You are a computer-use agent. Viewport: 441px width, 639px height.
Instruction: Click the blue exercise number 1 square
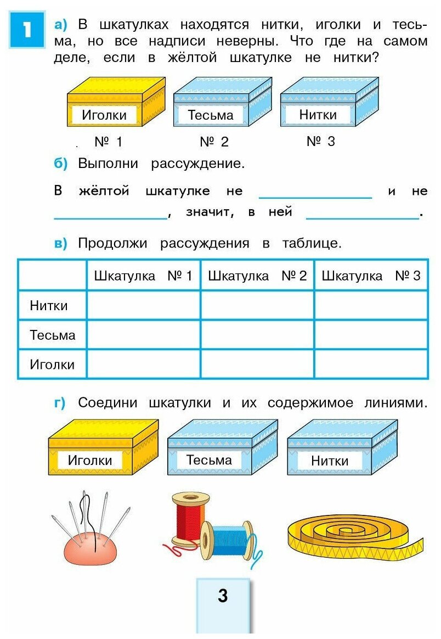(x=27, y=30)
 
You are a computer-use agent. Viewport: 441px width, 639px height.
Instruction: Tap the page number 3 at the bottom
(x=222, y=596)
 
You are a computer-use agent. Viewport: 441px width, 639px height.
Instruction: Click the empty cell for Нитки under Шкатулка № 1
(x=143, y=305)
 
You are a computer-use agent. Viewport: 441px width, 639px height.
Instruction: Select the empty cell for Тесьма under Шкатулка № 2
(x=257, y=334)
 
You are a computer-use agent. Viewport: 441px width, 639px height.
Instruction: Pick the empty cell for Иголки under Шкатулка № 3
(x=371, y=364)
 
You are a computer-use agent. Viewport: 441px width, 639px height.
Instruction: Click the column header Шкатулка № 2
(x=257, y=276)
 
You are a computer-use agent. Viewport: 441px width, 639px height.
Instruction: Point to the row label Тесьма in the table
(x=53, y=335)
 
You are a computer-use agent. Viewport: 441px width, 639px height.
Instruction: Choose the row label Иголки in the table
(x=52, y=365)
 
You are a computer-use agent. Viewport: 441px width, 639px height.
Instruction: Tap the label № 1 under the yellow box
(x=108, y=142)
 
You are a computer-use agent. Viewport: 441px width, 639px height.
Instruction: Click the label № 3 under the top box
(x=320, y=142)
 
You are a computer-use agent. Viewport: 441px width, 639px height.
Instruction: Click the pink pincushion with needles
(x=91, y=528)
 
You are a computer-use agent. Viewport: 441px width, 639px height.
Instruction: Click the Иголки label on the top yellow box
(x=104, y=115)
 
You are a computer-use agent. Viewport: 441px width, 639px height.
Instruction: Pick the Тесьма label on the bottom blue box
(x=209, y=460)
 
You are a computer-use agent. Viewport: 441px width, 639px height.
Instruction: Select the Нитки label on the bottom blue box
(x=330, y=461)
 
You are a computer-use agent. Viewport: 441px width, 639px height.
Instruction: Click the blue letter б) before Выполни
(x=61, y=164)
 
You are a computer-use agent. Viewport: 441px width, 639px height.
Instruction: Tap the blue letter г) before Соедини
(x=59, y=402)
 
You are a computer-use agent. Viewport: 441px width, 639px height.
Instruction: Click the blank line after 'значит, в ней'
(x=363, y=219)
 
